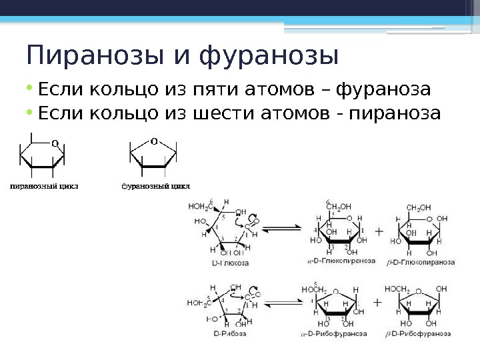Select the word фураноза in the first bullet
coord(383,89)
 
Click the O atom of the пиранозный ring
coord(54,142)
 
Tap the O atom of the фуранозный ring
coord(153,141)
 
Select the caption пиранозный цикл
coord(43,186)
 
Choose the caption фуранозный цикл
coord(155,186)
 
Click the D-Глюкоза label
coord(231,263)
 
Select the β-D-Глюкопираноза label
coord(421,262)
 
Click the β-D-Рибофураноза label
coord(419,332)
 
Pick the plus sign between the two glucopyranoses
coord(379,232)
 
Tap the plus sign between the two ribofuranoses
coord(378,302)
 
